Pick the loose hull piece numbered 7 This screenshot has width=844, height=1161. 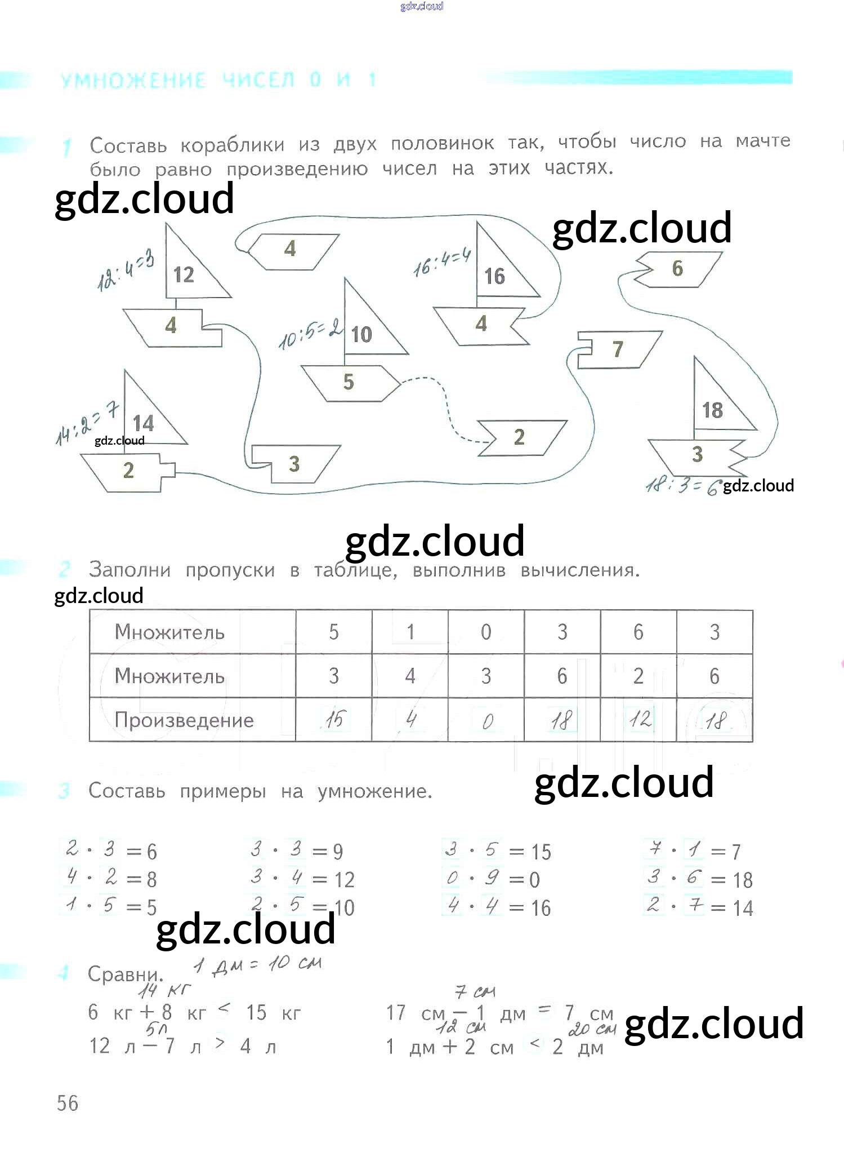(x=618, y=349)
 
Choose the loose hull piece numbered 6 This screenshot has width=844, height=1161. (x=678, y=269)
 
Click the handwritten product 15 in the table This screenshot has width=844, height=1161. (x=334, y=720)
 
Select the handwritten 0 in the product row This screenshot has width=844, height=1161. (x=487, y=721)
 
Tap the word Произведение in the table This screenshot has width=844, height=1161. (x=184, y=720)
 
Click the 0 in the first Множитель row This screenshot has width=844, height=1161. (x=486, y=632)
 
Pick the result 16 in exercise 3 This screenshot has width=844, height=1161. (x=541, y=908)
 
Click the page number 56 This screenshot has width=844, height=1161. (x=68, y=1103)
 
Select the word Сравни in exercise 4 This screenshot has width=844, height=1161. (x=125, y=974)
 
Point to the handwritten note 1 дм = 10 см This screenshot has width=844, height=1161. (x=257, y=966)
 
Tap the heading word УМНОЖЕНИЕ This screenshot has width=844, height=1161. (x=133, y=81)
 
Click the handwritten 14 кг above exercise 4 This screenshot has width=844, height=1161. (x=164, y=990)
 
